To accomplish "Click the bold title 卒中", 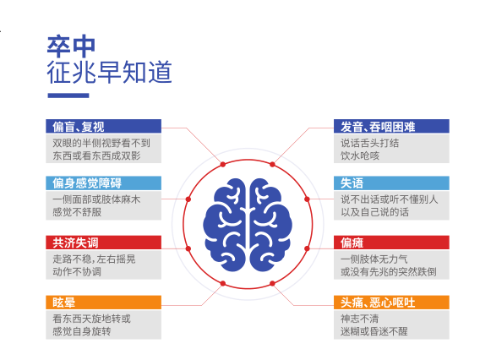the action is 71,46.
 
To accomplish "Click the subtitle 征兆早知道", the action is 109,72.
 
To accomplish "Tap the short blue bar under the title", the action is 68,95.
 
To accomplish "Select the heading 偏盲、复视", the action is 79,127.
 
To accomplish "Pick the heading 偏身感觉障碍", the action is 87,183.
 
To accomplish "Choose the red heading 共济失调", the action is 75,243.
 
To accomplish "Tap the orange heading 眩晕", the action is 63,303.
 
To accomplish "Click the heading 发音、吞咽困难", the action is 378,127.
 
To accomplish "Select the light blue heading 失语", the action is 352,183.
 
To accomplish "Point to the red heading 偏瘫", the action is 352,243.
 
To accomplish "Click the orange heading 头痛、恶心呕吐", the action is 378,303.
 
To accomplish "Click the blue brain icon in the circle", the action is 248,225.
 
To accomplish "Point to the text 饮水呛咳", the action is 360,155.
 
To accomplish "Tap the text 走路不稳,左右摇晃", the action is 94,259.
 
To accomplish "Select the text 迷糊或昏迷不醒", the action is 374,331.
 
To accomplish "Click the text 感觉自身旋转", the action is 82,331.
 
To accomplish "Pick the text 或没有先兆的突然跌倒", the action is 389,271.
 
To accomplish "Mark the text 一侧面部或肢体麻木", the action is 96,199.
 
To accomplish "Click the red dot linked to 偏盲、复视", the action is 223,165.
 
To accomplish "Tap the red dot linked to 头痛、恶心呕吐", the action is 272,283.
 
